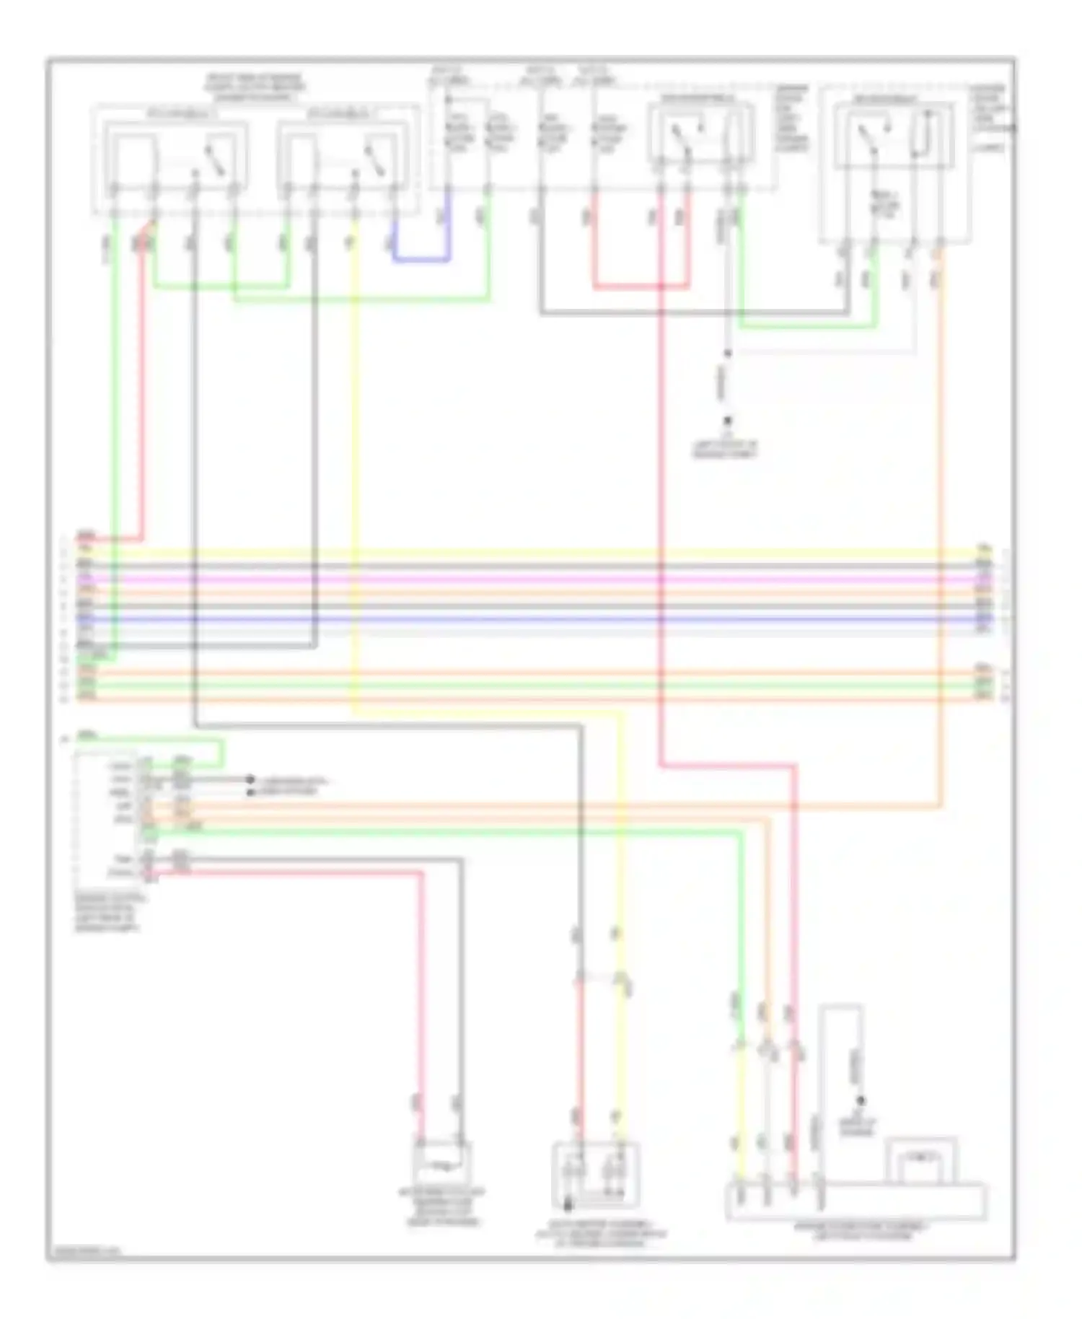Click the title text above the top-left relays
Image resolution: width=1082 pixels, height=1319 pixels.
[255, 87]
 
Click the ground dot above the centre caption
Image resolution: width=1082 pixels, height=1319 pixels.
[728, 421]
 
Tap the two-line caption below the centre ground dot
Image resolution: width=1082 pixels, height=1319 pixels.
[725, 450]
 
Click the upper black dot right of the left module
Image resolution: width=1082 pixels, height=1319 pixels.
[250, 779]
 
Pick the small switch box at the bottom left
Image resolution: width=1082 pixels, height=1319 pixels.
[441, 1162]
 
